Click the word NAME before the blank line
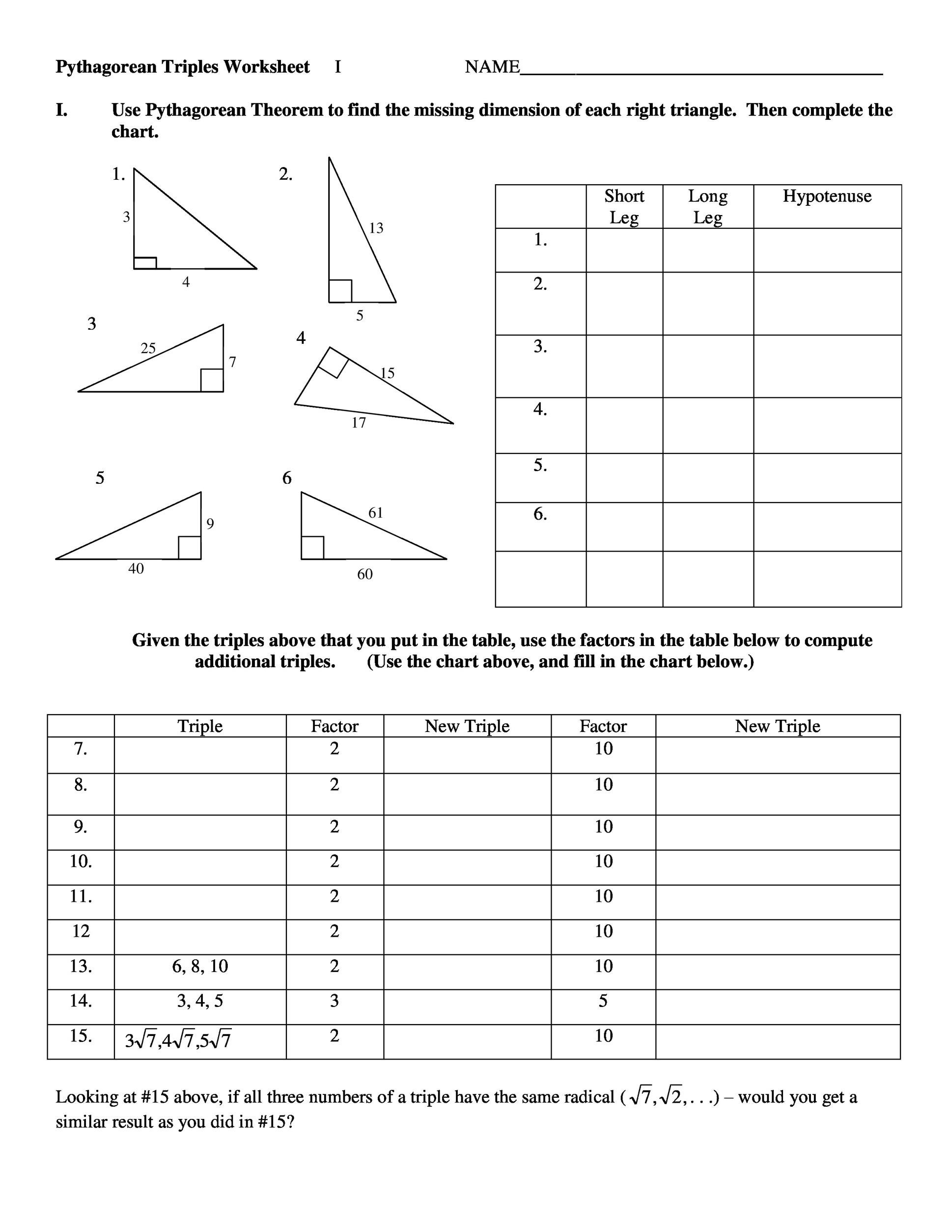tap(492, 67)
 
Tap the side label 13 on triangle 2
tap(376, 228)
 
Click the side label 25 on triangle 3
tap(148, 348)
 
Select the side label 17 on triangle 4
tap(359, 423)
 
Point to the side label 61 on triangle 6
tap(376, 512)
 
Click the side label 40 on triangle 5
tap(136, 568)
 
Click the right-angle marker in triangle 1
tap(145, 263)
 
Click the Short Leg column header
tap(624, 206)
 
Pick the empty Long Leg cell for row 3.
tap(707, 366)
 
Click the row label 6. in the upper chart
tap(540, 514)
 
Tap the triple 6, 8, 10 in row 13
tap(200, 966)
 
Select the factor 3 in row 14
tap(335, 1001)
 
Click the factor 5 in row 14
tap(603, 1001)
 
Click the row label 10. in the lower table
tap(81, 862)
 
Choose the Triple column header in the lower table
tap(200, 726)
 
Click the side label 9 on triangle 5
tap(210, 524)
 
